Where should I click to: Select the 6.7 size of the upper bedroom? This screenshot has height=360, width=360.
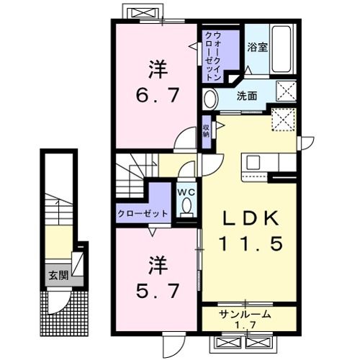coord(158,94)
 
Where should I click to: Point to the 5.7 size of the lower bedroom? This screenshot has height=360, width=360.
coord(158,289)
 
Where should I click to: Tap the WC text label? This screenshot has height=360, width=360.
coord(186,192)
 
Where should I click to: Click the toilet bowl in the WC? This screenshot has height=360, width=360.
coord(187,207)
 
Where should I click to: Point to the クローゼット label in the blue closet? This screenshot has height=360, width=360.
coord(142,213)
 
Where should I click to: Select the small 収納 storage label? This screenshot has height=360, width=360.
coord(206,130)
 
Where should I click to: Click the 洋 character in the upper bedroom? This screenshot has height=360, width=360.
coord(158,70)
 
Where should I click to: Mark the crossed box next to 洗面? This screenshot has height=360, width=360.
coord(287,91)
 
